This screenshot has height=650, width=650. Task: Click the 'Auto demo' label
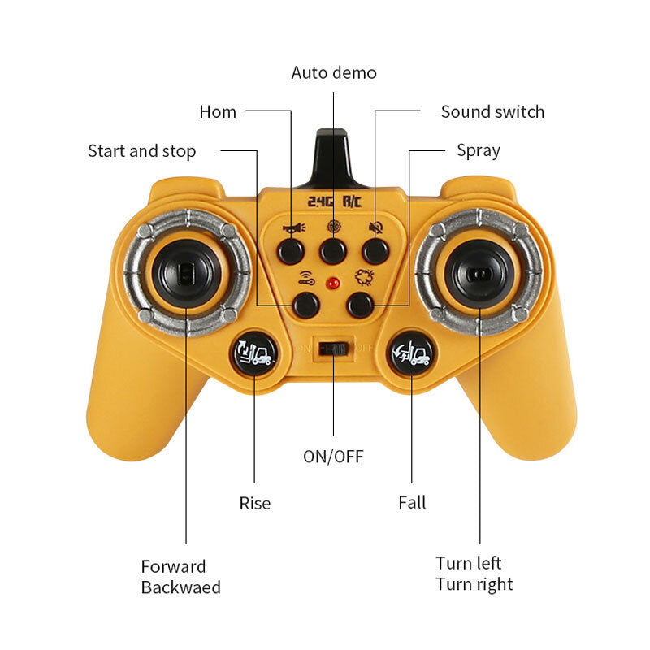[x=334, y=72]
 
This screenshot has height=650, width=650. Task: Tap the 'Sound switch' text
[x=492, y=112]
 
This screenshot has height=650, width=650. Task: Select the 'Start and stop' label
[x=141, y=151]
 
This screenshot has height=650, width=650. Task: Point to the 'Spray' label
[x=479, y=150]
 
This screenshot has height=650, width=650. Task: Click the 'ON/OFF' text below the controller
[x=333, y=457]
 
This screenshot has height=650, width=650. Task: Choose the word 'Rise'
[x=255, y=503]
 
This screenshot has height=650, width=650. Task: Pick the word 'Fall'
[x=412, y=502]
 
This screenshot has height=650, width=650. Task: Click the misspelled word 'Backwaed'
[x=180, y=587]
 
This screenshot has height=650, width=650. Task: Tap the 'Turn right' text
[x=474, y=584]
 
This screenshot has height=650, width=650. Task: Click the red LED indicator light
[x=332, y=284]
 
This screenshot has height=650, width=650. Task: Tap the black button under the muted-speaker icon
[x=375, y=251]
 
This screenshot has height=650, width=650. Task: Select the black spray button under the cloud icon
[x=360, y=305]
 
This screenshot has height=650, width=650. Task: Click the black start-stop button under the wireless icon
[x=306, y=305]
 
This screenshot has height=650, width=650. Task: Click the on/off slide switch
[x=333, y=349]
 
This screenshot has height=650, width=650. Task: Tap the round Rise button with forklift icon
[x=254, y=353]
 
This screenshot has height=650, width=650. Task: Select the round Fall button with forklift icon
[x=412, y=353]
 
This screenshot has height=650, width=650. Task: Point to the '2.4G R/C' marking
[x=334, y=201]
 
